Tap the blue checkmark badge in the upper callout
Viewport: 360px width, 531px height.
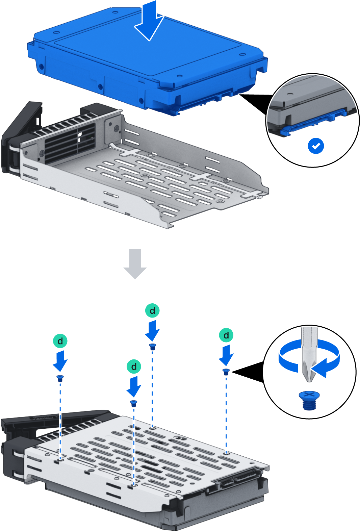(316, 146)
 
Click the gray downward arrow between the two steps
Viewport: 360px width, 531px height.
(135, 264)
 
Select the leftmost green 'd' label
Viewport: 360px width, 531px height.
(60, 341)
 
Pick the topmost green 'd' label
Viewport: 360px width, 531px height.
(152, 310)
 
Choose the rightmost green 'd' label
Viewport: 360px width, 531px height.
(226, 335)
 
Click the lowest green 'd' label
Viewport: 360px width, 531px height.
(134, 366)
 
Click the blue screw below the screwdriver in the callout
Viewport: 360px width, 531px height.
(309, 400)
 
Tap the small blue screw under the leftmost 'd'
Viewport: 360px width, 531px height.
(60, 378)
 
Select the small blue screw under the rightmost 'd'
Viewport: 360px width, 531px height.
(226, 372)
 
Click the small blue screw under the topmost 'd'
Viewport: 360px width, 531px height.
(152, 347)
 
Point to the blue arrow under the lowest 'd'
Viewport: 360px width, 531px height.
(134, 387)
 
